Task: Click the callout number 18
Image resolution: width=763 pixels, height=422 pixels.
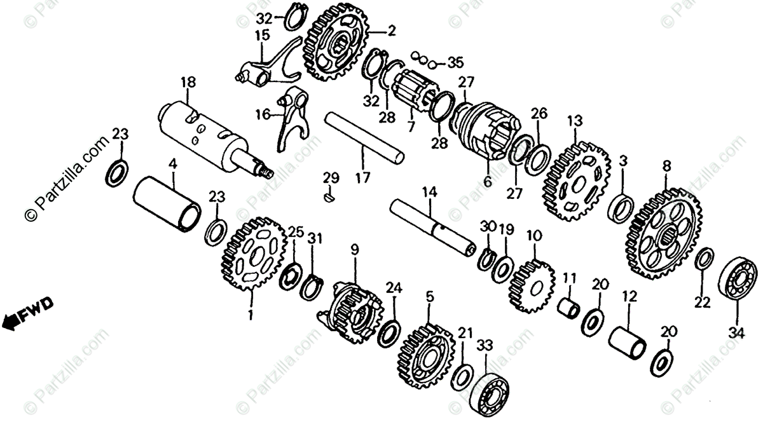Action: click(188, 83)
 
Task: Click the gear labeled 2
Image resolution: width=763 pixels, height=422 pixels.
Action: click(336, 43)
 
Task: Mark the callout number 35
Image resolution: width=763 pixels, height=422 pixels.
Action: click(455, 62)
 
